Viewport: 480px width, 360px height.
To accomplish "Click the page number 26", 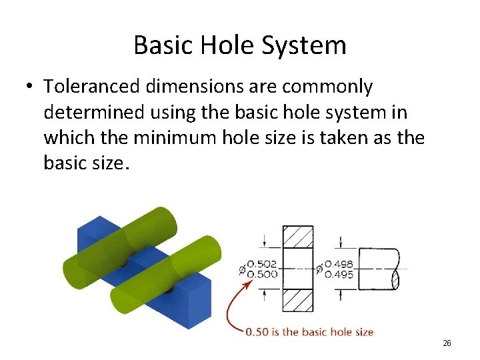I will point(447,343).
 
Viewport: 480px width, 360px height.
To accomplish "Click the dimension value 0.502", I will point(262,265).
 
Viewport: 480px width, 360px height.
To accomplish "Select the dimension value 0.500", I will point(262,274).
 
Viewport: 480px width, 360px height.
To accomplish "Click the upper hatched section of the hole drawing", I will point(298,237).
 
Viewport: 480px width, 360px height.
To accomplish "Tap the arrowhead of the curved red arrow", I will point(249,283).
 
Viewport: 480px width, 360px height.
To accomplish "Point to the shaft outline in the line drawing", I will point(378,269).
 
